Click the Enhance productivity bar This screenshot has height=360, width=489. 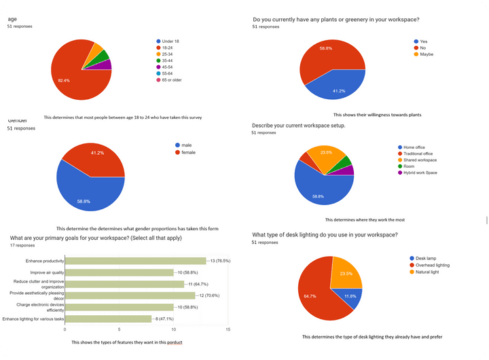135,261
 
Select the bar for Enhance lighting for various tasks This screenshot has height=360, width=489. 108,318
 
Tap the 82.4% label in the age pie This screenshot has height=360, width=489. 64,81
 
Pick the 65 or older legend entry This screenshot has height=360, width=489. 173,79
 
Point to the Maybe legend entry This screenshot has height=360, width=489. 427,54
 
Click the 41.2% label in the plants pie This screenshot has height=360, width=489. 339,90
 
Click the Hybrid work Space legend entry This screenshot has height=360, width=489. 420,173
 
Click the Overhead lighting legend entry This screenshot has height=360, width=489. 432,265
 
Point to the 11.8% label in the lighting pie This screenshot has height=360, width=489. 351,296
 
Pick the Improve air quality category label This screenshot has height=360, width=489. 42,272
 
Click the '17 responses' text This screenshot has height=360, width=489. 22,245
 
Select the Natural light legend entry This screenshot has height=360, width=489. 427,272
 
